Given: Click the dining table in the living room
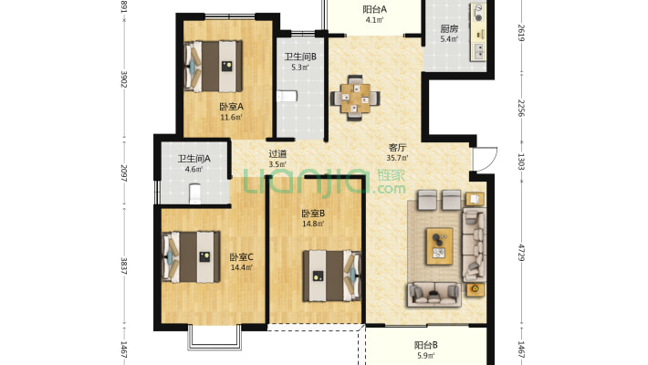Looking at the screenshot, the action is pos(355,98).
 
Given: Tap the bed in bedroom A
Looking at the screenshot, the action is pos(213,66).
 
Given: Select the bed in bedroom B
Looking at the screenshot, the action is pos(332,276).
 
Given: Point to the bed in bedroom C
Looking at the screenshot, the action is pos(191,257).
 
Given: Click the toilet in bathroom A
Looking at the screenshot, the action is pos(195,193).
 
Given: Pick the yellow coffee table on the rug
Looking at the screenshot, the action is pos(439,246).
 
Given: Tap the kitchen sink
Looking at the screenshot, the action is pos(479,51).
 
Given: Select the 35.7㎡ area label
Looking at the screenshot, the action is pos(397,158).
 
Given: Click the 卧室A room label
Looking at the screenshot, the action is pos(232,107).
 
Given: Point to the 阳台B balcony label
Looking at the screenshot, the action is pos(426,345).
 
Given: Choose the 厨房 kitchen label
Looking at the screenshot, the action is pos(449,29).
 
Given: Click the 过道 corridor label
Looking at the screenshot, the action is pos(277,154).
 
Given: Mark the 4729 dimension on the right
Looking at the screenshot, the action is pos(521,252).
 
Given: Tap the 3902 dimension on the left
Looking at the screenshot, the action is pos(123,79).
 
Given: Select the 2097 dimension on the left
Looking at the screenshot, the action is pos(123,172).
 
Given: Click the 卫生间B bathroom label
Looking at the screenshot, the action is pos(300,57).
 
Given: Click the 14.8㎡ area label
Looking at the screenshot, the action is pos(313,224).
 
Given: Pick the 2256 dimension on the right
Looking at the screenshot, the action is pos(521,108).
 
